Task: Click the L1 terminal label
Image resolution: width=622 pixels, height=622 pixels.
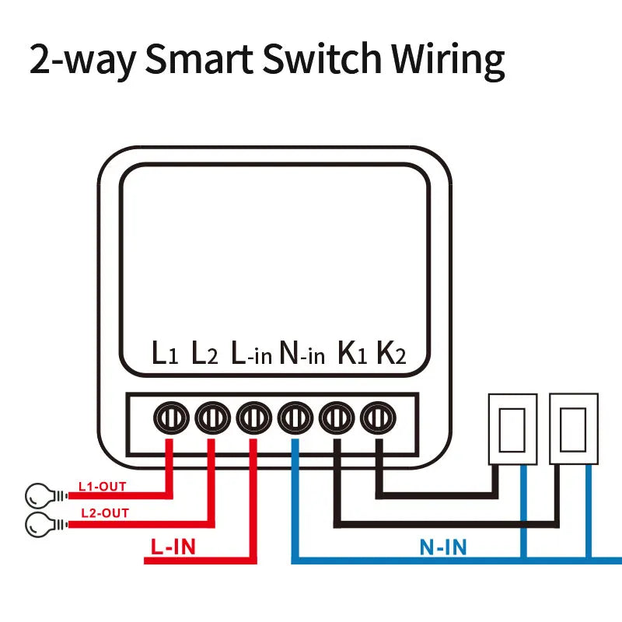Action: (165, 354)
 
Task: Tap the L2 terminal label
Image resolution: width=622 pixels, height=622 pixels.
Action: (204, 354)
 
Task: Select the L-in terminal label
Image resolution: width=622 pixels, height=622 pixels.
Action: (251, 354)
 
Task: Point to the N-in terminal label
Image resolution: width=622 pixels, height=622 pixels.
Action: (302, 354)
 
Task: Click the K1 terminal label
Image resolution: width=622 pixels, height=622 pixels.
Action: (351, 354)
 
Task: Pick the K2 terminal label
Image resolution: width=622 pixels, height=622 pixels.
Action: (391, 354)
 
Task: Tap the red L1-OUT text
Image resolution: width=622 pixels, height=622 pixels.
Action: (102, 487)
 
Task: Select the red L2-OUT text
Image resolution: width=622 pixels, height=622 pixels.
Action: (105, 514)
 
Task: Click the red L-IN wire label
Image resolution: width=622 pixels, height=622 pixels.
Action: (173, 547)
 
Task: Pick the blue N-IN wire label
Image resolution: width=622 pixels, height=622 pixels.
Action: (443, 547)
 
